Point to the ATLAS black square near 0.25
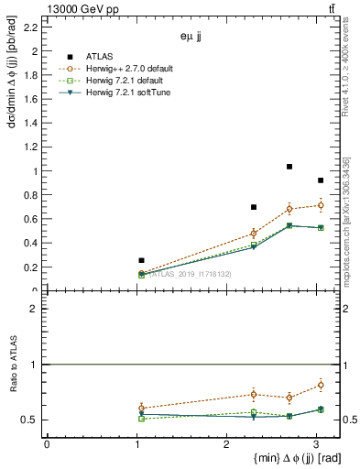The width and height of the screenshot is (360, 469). (141, 260)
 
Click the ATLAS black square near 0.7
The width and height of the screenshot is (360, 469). (254, 207)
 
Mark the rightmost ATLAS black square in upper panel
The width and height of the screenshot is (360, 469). (320, 180)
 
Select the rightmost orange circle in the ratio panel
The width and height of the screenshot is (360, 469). (320, 385)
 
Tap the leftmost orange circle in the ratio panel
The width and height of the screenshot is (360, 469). (141, 408)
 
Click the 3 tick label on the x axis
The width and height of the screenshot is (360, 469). (315, 444)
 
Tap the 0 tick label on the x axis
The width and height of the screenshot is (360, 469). (47, 444)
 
